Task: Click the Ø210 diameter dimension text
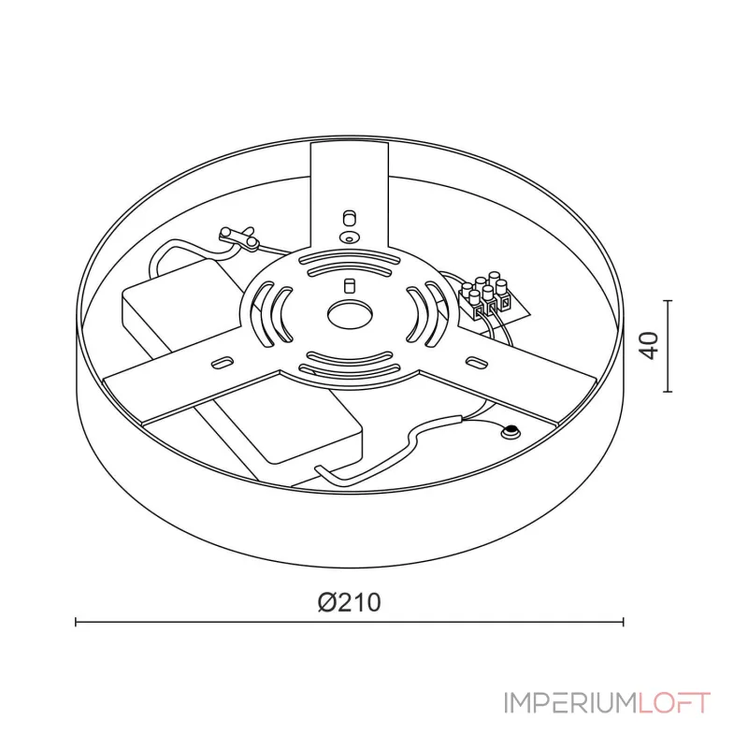349,602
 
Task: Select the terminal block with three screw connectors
488,296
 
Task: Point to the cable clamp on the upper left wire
239,237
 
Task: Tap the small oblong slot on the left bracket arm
224,361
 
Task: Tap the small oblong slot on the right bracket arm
474,359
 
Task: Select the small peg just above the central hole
349,283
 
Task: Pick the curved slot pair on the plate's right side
424,309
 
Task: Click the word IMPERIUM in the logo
570,702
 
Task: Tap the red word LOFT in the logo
674,702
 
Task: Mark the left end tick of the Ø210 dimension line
76,621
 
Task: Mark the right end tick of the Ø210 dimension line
623,621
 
